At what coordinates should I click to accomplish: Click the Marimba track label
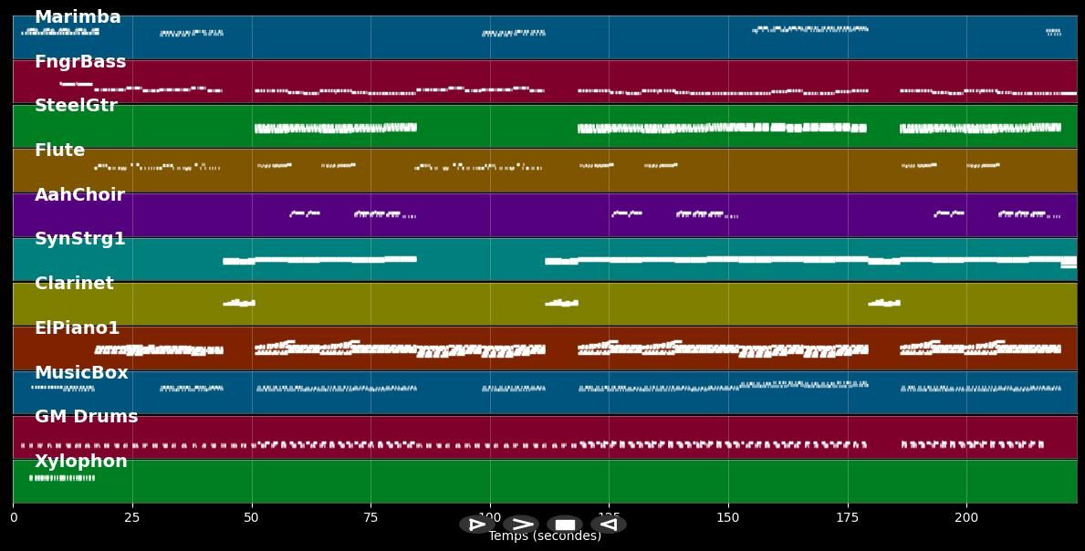point(78,17)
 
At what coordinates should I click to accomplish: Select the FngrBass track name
point(80,62)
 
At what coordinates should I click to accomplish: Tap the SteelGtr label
point(76,106)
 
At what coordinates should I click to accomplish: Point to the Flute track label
point(59,151)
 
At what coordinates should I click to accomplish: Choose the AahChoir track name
point(79,195)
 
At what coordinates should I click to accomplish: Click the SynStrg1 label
point(80,239)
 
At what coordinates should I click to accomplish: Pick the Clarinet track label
point(74,284)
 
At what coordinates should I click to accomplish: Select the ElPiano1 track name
point(77,328)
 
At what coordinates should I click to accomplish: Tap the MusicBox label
point(81,373)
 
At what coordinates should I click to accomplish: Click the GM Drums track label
point(87,417)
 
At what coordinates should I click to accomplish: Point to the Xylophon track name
point(81,462)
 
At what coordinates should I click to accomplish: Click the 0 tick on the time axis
point(13,518)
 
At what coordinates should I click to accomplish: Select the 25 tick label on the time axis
point(132,518)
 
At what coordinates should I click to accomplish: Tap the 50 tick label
point(251,518)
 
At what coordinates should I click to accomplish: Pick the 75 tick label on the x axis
point(370,518)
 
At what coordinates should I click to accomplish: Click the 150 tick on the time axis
point(728,518)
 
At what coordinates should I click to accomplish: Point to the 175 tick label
point(847,518)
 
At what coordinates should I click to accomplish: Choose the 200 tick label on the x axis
point(966,518)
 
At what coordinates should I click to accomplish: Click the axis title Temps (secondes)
point(545,536)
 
